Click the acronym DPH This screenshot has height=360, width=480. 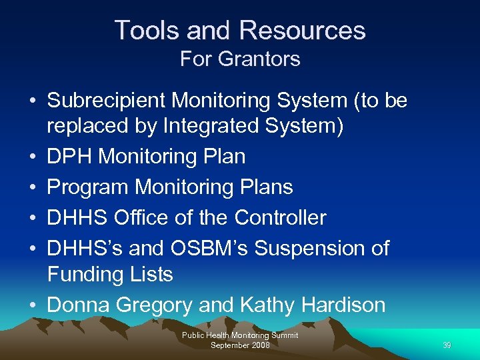pos(69,157)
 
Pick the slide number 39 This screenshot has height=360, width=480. pos(446,345)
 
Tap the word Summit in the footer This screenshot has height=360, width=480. pos(283,335)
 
